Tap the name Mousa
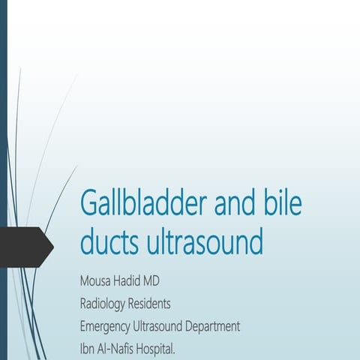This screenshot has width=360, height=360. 97,282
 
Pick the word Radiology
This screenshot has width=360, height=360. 106,304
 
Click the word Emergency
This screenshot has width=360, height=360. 107,326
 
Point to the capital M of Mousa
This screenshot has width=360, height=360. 84,282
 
